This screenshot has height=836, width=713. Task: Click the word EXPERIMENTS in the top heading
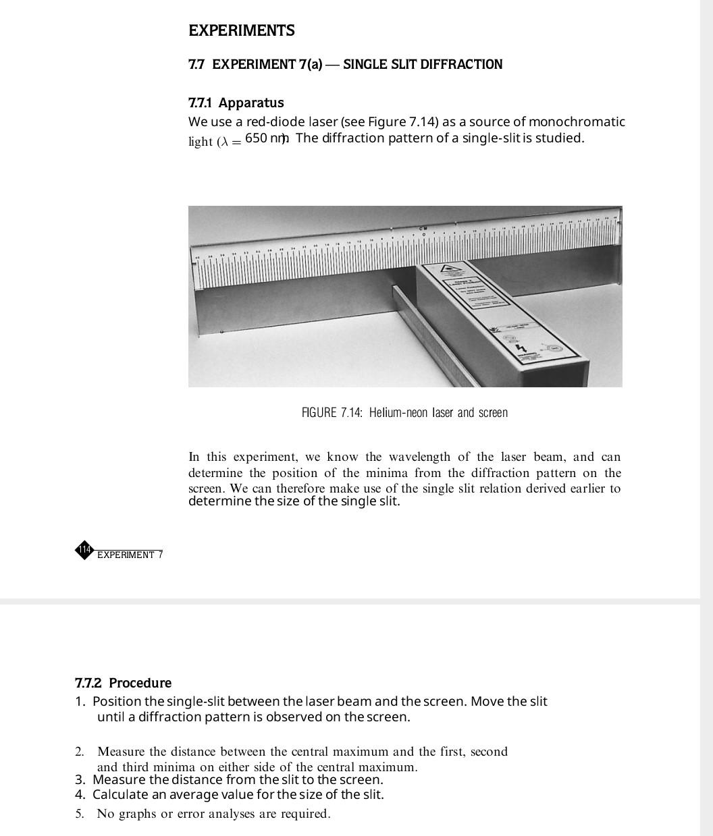[241, 31]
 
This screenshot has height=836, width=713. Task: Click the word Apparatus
[251, 103]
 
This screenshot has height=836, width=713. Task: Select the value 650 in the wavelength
[256, 138]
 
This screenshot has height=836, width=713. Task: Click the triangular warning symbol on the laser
[448, 269]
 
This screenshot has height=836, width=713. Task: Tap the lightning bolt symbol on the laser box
[520, 349]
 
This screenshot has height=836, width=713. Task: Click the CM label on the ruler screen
[423, 229]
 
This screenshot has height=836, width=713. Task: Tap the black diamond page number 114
[84, 550]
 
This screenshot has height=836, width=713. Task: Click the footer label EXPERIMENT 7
[130, 555]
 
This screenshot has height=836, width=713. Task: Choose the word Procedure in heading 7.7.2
[140, 683]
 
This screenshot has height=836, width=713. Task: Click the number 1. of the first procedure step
[80, 702]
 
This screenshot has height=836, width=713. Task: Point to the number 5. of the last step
[80, 814]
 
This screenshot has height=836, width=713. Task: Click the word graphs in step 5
[136, 814]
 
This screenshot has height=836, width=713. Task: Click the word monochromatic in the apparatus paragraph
[577, 122]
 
